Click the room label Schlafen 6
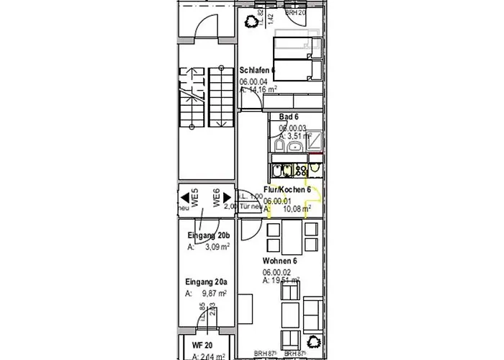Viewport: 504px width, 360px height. pyautogui.click(x=258, y=71)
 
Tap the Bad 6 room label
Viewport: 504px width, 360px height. pyautogui.click(x=289, y=116)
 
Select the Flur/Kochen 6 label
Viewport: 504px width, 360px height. pyautogui.click(x=287, y=189)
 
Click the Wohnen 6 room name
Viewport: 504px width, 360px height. pyautogui.click(x=280, y=261)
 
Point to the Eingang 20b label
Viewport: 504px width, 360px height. pyautogui.click(x=208, y=236)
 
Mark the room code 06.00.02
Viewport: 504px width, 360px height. pyautogui.click(x=276, y=272)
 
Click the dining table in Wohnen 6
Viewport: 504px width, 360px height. pyautogui.click(x=292, y=234)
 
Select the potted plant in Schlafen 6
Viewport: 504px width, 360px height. pyautogui.click(x=252, y=22)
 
